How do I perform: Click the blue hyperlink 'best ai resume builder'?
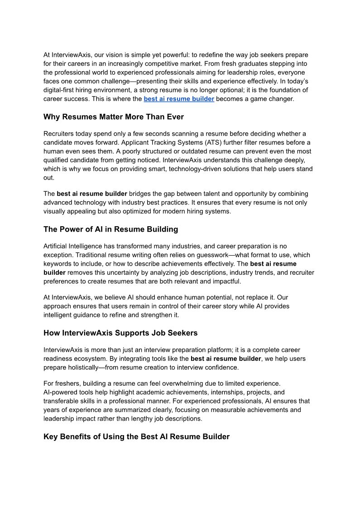pyautogui.click(x=179, y=98)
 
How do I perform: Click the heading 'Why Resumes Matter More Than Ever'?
pyautogui.click(x=114, y=117)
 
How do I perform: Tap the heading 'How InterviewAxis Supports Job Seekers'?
pyautogui.click(x=120, y=333)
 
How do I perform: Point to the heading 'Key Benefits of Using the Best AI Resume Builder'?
pyautogui.click(x=136, y=437)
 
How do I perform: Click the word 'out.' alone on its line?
pyautogui.click(x=49, y=177)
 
